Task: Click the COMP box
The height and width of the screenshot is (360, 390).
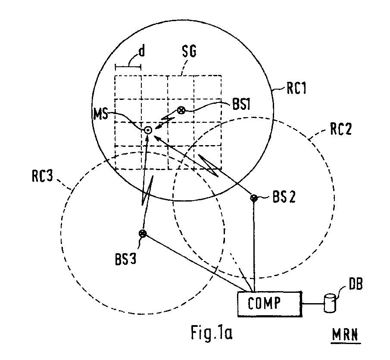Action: (270, 304)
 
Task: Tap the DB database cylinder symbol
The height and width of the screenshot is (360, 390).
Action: (330, 303)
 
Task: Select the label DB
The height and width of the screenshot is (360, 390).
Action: (356, 284)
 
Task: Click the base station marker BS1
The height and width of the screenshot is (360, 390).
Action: (181, 110)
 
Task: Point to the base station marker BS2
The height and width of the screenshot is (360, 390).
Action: (254, 198)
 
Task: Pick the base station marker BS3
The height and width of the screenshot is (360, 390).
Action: (143, 233)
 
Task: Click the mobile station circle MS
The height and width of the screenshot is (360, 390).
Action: (148, 130)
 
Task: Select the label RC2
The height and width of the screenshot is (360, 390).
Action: (341, 129)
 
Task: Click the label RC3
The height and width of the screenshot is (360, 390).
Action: (42, 176)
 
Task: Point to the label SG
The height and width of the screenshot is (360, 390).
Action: (189, 52)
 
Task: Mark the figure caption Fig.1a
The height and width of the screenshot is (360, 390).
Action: (212, 332)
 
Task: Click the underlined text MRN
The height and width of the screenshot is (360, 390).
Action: (346, 335)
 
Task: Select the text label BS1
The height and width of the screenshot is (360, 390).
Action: (241, 104)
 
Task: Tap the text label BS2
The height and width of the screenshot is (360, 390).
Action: (284, 197)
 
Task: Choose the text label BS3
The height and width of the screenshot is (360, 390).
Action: (125, 259)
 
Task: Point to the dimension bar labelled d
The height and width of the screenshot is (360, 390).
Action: (128, 66)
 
